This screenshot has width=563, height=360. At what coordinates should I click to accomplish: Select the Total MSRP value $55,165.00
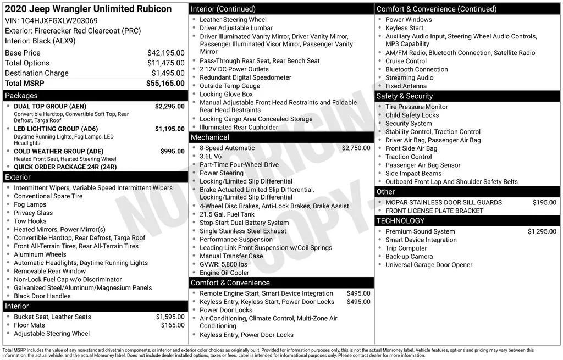tap(165, 84)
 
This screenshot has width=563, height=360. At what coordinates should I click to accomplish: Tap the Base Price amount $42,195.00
tap(165, 53)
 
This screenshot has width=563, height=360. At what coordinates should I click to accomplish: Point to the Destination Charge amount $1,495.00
tap(168, 73)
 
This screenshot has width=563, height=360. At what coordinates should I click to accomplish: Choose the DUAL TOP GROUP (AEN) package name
tap(50, 106)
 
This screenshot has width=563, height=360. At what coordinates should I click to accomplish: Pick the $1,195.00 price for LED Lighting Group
tap(169, 129)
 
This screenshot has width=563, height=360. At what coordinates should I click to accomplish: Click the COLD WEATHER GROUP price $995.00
tap(172, 151)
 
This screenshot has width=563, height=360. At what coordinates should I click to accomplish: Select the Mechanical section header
tap(209, 137)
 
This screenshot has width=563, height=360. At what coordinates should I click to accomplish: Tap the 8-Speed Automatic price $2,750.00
tap(356, 148)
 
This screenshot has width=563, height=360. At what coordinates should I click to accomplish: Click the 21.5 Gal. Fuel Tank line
tap(227, 214)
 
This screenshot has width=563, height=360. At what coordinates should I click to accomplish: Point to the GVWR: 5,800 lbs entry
tap(223, 264)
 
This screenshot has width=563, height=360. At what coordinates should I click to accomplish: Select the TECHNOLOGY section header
tap(400, 221)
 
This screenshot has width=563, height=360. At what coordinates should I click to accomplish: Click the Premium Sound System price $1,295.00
tap(542, 231)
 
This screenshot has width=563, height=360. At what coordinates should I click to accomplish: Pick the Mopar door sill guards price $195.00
tap(544, 202)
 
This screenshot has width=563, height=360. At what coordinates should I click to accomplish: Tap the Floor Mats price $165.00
tap(173, 325)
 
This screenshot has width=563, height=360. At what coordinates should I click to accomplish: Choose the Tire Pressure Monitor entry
tap(416, 107)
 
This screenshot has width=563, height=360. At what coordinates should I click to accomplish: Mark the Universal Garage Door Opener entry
tap(428, 265)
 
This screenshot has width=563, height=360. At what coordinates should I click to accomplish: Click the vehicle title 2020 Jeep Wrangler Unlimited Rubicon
tap(88, 9)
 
